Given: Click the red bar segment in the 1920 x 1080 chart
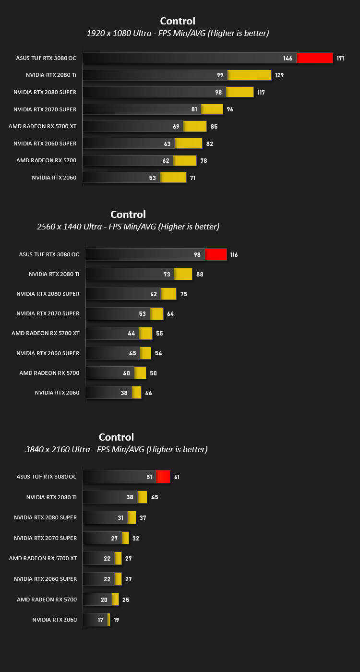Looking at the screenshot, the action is [315, 58].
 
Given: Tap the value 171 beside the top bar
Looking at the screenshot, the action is [340, 59].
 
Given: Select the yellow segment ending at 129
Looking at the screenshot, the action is [250, 75].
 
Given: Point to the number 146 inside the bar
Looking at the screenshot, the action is [288, 59].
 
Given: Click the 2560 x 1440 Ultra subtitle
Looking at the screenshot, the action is [128, 227].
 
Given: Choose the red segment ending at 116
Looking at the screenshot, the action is [216, 254].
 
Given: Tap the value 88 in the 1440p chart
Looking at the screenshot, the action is [200, 275].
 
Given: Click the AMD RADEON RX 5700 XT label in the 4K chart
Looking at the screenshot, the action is [43, 558].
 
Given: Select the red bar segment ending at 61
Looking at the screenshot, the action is [163, 477].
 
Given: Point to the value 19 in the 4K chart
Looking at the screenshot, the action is [116, 620].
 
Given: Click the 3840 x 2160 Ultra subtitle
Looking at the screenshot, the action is [116, 449].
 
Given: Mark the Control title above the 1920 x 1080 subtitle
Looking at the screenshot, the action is [178, 21].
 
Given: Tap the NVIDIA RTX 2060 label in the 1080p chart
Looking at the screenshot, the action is [54, 178].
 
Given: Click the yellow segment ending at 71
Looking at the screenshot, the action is [173, 177].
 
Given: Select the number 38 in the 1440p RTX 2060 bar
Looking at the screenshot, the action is [124, 393].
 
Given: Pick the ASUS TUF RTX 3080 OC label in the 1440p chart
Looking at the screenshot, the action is [49, 254].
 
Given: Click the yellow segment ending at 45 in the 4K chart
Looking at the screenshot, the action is [143, 497].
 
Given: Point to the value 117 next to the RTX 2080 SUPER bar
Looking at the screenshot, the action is [261, 93].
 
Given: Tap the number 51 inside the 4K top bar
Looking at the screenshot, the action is [149, 477].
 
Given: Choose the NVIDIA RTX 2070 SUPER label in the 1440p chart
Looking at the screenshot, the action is [48, 313].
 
